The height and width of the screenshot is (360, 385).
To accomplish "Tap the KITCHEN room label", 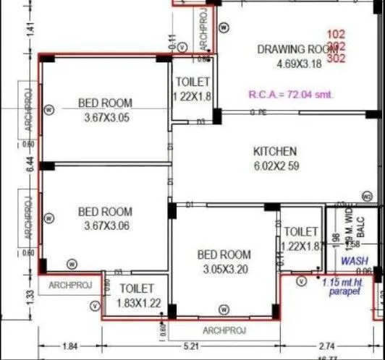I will click(x=274, y=152).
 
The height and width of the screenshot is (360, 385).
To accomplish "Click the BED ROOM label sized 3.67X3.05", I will click(x=105, y=103).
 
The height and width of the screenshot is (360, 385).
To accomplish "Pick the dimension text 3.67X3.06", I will click(x=105, y=226).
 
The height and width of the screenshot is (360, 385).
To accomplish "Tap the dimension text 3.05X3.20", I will click(x=224, y=269).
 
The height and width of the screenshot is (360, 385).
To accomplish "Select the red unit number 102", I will click(x=336, y=34).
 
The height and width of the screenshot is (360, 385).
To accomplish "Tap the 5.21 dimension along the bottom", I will click(x=191, y=346).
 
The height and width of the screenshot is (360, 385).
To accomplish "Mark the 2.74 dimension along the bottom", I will click(x=328, y=346).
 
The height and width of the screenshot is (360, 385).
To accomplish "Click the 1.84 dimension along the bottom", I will click(x=70, y=346).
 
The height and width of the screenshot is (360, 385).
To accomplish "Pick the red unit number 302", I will click(x=336, y=59).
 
